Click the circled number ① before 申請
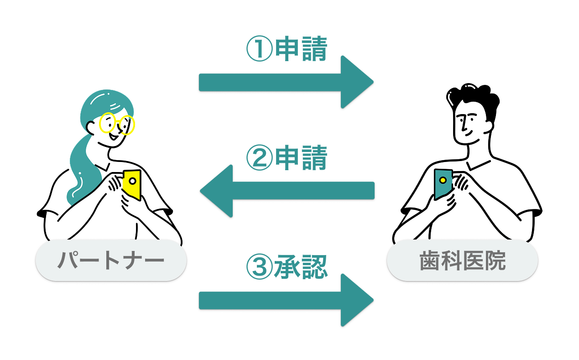[259, 48]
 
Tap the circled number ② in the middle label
[259, 157]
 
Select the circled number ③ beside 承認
[259, 266]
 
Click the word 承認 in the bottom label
[301, 266]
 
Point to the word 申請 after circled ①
[302, 48]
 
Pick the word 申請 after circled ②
[302, 157]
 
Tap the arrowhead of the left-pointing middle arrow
[216, 191]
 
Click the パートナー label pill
[111, 260]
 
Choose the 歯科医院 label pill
[463, 260]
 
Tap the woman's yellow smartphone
[132, 184]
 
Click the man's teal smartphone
[443, 184]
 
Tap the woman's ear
[90, 128]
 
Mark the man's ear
[488, 127]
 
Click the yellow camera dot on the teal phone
[443, 180]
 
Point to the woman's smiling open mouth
[113, 136]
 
